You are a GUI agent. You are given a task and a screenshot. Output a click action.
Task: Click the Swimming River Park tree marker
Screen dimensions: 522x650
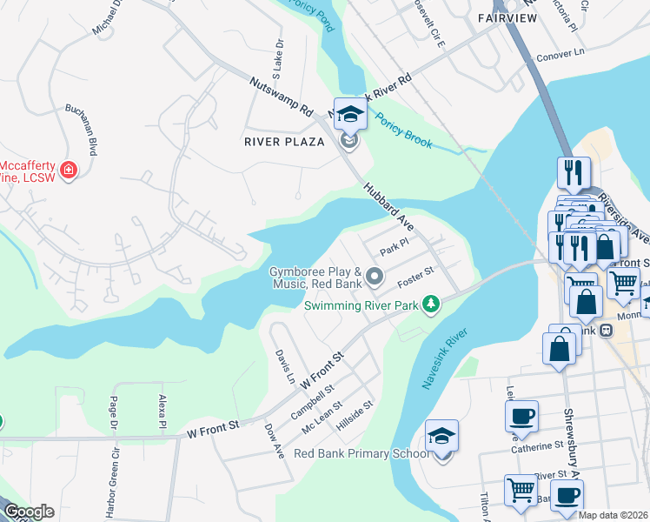click(429, 304)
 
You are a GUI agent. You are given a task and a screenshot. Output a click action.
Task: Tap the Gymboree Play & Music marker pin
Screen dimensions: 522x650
click(375, 277)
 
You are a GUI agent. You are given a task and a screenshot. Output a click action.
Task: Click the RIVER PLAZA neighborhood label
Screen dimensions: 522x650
click(284, 141)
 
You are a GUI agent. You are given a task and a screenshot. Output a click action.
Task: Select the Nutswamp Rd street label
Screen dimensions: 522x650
click(279, 98)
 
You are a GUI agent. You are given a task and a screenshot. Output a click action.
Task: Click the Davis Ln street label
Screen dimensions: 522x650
click(284, 366)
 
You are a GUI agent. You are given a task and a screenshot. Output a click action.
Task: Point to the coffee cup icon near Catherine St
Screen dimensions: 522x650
click(521, 417)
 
